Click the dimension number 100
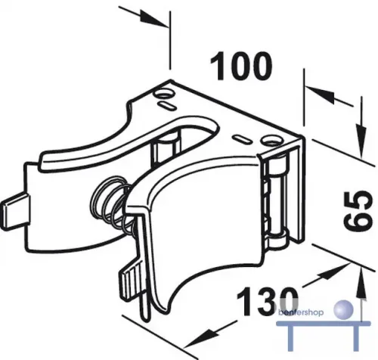pyautogui.click(x=241, y=67)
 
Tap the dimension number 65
pyautogui.click(x=358, y=211)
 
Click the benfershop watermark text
pyautogui.click(x=301, y=312)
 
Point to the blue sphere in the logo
pyautogui.click(x=343, y=309)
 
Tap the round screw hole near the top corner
pyautogui.click(x=164, y=95)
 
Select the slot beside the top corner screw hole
pyautogui.click(x=166, y=105)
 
